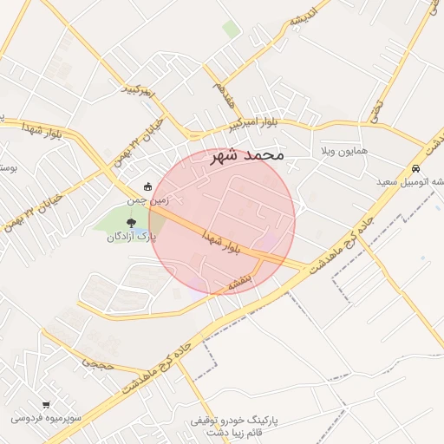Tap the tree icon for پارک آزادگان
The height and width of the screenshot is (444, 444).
click(131, 224)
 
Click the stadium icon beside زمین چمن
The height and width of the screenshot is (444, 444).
click(147, 186)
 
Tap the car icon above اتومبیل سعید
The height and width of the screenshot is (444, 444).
click(417, 168)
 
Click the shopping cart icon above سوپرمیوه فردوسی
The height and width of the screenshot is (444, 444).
click(46, 404)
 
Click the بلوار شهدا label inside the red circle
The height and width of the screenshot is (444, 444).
click(219, 242)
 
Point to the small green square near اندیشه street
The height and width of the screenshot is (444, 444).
click(231, 29)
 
